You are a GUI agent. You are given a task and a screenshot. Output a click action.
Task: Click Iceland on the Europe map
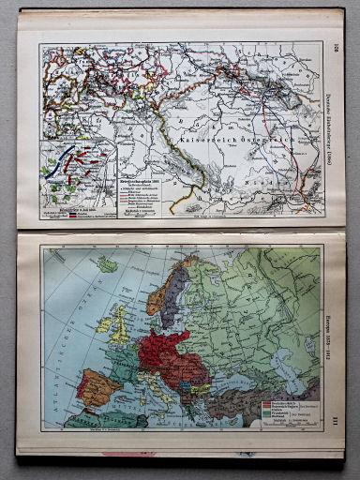point(108,265)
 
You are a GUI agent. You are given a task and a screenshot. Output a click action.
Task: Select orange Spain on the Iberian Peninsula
point(97,386)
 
